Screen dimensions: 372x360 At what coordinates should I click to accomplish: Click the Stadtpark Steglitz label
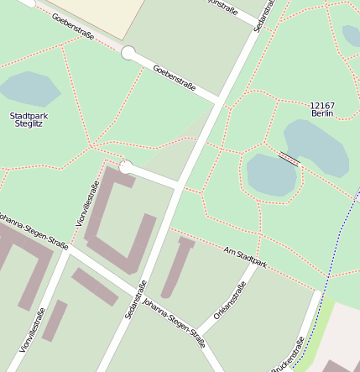29,119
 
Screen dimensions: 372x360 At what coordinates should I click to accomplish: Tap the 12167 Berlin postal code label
322,109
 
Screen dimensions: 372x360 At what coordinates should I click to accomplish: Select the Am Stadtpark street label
246,258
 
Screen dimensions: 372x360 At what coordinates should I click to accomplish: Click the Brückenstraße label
288,355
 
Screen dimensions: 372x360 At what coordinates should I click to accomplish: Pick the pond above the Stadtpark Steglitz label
29,87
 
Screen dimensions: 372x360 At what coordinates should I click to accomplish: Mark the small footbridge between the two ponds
288,159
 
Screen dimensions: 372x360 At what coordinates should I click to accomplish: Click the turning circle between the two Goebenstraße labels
128,54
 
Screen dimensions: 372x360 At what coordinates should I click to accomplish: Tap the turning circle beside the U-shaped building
126,167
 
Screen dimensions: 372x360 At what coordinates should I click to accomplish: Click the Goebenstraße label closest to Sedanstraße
175,77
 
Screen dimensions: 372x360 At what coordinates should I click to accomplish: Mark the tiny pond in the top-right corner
352,35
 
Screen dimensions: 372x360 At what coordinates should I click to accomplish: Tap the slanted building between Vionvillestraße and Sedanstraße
94,286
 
